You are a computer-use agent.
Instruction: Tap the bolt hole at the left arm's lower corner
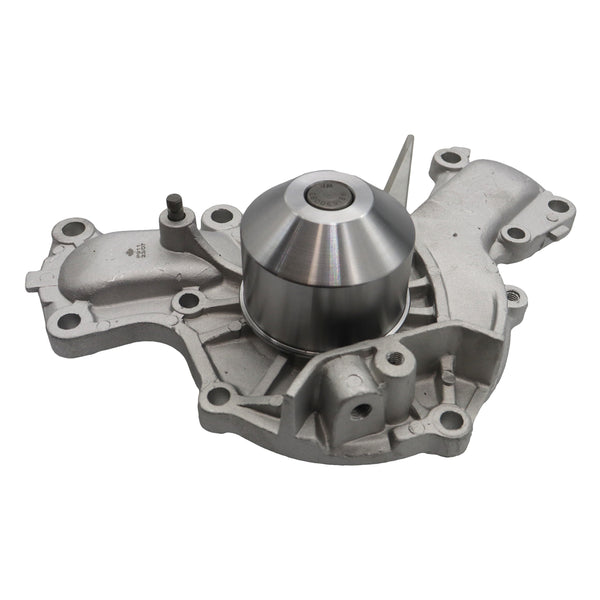[x=67, y=320]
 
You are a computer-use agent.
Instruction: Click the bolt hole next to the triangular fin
[x=449, y=157]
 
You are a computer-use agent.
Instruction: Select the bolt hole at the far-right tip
[x=558, y=206]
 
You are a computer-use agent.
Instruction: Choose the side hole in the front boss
[x=361, y=408]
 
